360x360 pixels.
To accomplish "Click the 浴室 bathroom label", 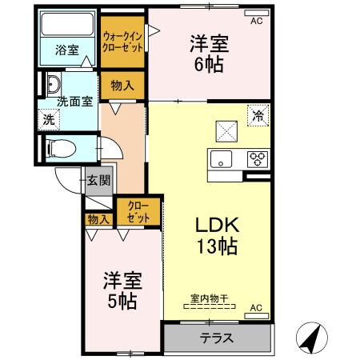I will point(66,50).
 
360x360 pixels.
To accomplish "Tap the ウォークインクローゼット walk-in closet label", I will point(122,42).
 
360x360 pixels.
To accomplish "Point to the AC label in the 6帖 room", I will point(256,22).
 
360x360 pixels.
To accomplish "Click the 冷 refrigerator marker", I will point(258,115).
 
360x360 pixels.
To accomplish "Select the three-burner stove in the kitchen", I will point(258,158).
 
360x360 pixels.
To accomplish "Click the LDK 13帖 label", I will point(212,234).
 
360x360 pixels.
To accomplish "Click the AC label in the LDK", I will point(256,307).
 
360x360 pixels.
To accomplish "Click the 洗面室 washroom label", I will point(75,102).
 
